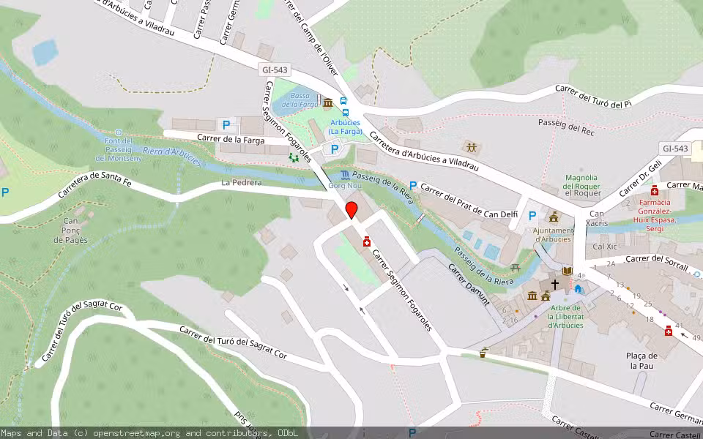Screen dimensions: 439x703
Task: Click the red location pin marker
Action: coord(351,210)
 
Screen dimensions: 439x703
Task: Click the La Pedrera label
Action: coord(241,183)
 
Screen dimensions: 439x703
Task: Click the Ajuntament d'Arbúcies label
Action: coord(553,234)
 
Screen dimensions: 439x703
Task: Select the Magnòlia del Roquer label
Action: coord(582,187)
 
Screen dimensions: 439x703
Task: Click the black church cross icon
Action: coord(555,283)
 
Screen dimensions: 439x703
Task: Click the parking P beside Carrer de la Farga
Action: coord(226,125)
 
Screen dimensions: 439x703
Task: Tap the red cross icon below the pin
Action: coord(367,242)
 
